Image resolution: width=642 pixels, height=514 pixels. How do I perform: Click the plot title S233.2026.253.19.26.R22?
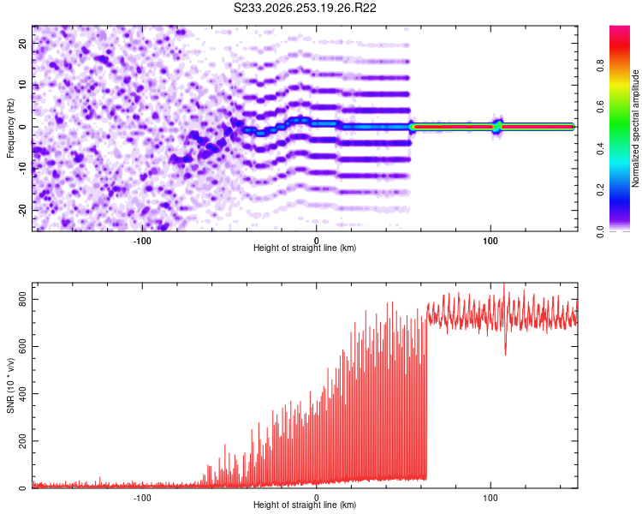coord(305,8)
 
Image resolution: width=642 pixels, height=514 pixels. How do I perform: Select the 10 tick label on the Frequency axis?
coord(22,85)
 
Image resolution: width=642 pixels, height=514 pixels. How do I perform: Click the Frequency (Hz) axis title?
coord(10,128)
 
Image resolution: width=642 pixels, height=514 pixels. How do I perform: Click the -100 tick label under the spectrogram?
coord(142,241)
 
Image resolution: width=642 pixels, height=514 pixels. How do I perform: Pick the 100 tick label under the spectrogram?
coord(490,241)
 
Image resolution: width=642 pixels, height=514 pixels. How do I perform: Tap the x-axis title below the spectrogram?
coord(305,248)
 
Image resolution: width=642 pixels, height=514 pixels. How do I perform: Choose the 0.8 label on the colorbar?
coord(600,66)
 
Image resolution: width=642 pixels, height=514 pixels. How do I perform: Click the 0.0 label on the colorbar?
coord(600,231)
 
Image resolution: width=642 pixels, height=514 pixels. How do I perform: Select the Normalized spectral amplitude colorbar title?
coord(635,128)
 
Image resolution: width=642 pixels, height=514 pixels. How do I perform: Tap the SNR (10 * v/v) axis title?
coord(10,385)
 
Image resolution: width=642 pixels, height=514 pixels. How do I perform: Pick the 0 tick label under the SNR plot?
coord(316,498)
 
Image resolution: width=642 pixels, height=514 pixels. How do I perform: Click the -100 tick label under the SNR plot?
coord(142,498)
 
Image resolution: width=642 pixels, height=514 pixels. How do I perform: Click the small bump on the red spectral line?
coord(498,126)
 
